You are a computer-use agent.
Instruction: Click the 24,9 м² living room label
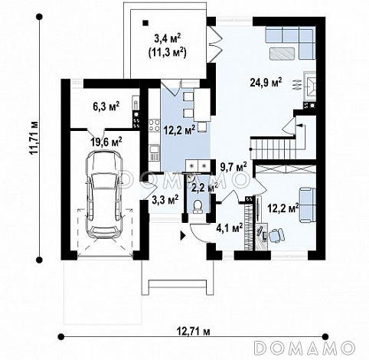(266, 83)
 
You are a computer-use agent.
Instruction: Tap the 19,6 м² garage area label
(106, 142)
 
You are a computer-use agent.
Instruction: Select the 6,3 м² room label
(106, 106)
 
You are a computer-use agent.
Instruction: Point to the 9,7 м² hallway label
(233, 167)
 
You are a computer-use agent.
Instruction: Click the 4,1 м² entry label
(230, 227)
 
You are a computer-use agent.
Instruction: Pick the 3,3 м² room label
(165, 200)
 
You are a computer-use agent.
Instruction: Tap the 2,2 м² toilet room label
(204, 188)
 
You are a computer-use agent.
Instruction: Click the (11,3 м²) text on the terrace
(167, 53)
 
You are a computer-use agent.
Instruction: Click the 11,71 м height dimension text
(34, 137)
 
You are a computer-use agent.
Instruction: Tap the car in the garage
(104, 195)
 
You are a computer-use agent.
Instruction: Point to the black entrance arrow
(183, 235)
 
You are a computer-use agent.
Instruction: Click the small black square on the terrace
(145, 23)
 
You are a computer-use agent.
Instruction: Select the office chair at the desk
(276, 235)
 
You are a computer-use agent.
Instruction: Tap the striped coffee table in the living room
(282, 54)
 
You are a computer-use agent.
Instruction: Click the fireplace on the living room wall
(309, 86)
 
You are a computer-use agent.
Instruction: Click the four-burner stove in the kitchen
(154, 126)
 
